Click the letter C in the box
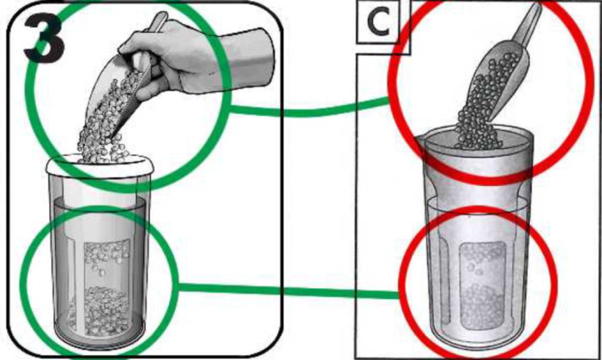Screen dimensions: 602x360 coord(379,22)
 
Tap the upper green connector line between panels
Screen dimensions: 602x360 coord(309,111)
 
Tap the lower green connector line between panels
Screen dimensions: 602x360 coord(289,291)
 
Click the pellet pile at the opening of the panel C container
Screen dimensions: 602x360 coord(478,140)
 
